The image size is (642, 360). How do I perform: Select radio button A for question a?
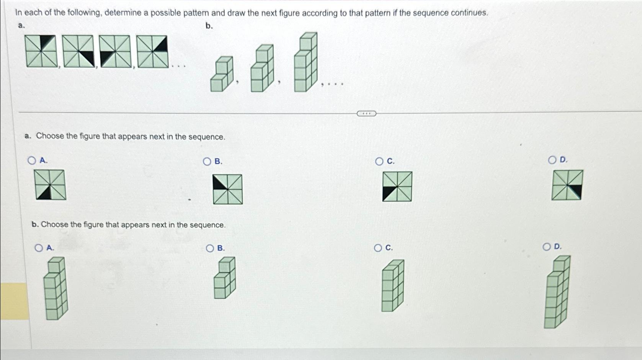coord(32,160)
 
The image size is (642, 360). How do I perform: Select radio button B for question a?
coord(207,162)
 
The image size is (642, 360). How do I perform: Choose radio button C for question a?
coord(379,162)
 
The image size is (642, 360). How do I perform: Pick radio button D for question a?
coord(552,160)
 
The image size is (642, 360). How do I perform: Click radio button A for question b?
coord(39,248)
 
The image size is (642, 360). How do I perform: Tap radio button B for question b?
coord(210,249)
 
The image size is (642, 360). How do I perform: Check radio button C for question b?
coord(378,248)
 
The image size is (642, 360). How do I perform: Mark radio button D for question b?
coord(547,247)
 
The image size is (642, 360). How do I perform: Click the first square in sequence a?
coord(41,51)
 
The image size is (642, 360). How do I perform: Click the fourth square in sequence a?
coord(152,51)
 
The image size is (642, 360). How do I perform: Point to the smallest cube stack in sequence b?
coord(222,74)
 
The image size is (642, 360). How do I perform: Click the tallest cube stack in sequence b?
coord(305,62)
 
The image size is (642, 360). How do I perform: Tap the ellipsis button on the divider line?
coord(366,113)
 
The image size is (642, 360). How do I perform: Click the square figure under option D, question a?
coord(567,185)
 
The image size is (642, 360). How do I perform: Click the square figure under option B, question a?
coord(228,189)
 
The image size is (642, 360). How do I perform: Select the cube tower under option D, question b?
coord(557,292)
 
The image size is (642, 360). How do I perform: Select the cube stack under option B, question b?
coord(225,278)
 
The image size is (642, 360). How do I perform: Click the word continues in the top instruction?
coord(469,13)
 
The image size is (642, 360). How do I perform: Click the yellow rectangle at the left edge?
coord(15,301)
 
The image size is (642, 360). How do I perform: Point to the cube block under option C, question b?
coord(392,286)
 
